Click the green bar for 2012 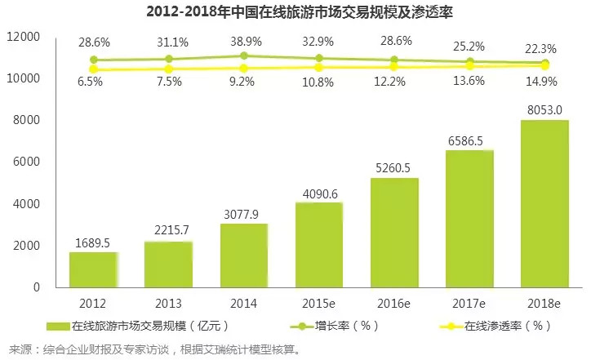(x=93, y=269)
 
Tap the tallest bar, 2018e (x=544, y=203)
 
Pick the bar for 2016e (x=394, y=233)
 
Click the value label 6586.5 (x=470, y=141)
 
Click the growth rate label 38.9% (x=245, y=40)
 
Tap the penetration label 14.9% (x=545, y=80)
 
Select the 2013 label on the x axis (x=169, y=303)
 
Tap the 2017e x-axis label (x=469, y=303)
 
